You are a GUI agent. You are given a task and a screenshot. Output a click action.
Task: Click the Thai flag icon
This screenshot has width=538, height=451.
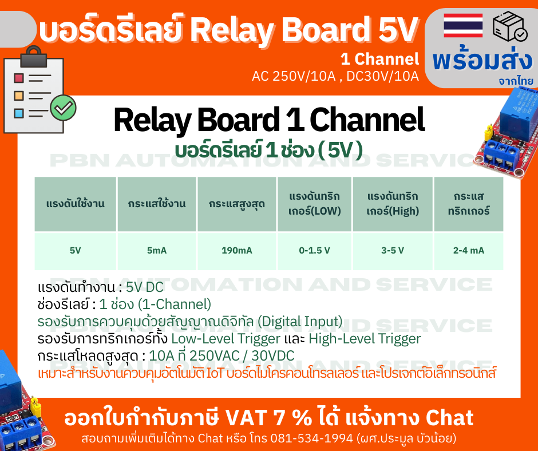463,26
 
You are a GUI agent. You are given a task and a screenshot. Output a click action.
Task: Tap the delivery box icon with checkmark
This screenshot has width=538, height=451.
509,26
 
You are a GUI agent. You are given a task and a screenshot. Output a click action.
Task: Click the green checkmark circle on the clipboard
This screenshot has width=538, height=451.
63,106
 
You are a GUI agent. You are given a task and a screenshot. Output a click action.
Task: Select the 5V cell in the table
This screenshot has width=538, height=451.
76,251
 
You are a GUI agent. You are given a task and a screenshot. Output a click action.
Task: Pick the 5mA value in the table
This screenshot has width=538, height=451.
157,251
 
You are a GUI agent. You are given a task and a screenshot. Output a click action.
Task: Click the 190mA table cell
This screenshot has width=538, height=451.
237,251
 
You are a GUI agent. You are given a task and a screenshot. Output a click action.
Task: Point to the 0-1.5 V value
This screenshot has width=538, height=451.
315,251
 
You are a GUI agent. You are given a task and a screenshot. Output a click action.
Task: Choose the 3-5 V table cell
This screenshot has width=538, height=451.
393,251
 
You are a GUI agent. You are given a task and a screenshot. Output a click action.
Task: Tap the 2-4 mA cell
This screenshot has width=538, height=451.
469,251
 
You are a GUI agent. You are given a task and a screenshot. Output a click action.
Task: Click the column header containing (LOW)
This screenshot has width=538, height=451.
315,204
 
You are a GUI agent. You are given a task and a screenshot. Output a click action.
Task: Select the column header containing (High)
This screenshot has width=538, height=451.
393,204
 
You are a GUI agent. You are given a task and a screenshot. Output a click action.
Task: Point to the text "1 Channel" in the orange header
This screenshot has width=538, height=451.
379,59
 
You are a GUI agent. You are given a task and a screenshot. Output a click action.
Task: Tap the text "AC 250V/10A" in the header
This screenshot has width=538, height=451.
293,76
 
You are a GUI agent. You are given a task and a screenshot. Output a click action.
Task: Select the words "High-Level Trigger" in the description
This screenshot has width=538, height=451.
365,338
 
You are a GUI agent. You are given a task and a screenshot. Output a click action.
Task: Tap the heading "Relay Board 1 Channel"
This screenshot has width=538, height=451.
269,121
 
